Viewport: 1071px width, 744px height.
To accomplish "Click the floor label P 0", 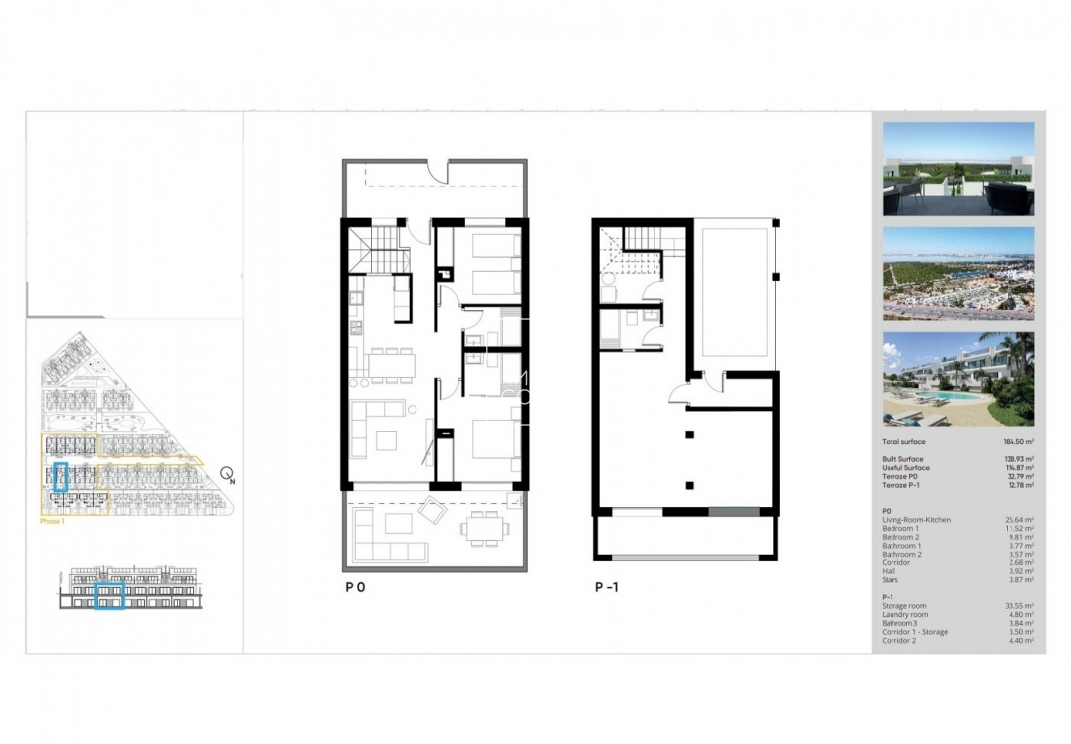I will click(355, 587).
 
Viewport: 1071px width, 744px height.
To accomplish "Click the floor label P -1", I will click(606, 587).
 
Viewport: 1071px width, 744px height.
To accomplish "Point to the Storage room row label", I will click(903, 605).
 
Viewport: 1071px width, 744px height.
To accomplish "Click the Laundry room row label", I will click(903, 614).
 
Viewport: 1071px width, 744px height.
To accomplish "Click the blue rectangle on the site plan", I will click(60, 477).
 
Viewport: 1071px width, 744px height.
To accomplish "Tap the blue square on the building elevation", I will click(109, 597).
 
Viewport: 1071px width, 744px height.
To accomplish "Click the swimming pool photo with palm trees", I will click(958, 379).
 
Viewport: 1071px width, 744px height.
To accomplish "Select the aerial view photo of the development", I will click(958, 274).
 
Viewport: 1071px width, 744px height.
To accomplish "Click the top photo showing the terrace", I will click(958, 169).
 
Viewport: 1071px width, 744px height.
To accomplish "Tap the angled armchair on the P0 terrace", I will click(433, 510).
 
